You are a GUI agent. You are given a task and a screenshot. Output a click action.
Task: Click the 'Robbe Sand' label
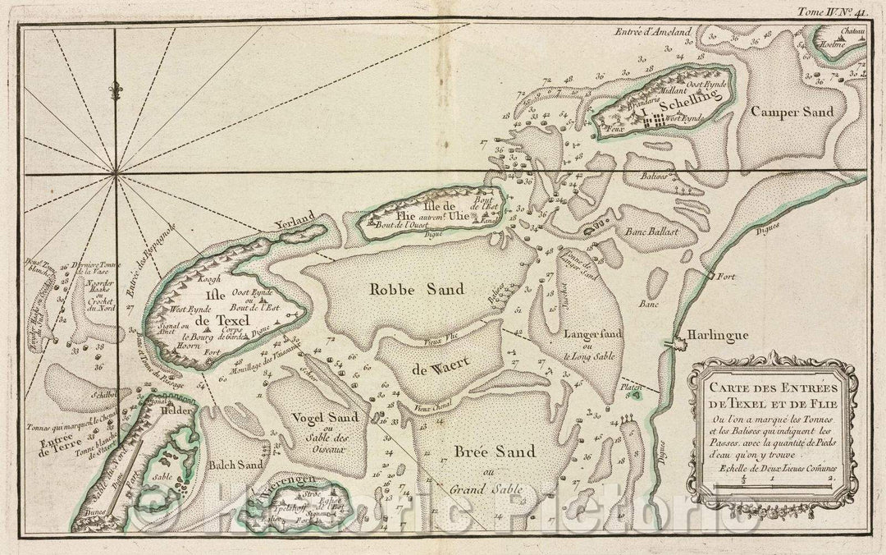(x=417, y=289)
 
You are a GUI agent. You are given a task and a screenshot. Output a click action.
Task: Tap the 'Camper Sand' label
(x=795, y=111)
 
